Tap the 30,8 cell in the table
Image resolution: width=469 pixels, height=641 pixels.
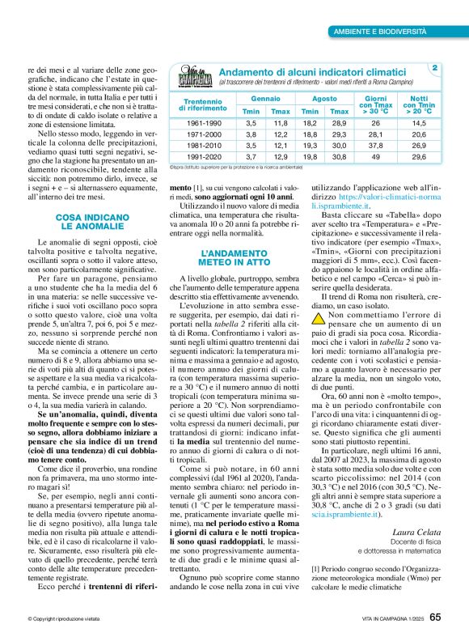[340, 156]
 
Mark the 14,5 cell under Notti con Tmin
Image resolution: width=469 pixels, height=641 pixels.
[419, 122]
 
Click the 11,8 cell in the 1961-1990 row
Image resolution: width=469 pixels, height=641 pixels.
[281, 122]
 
